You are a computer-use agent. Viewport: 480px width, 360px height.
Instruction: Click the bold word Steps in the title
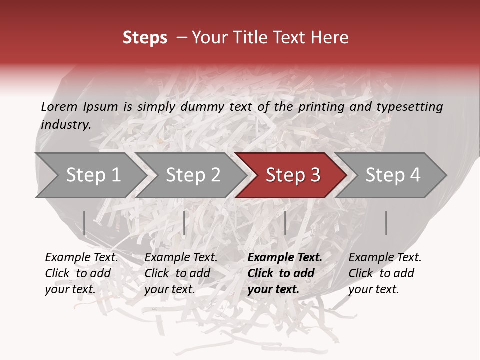tap(145, 38)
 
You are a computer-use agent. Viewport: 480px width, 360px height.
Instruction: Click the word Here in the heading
tap(329, 38)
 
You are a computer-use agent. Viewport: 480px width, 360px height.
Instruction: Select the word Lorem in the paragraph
tap(59, 107)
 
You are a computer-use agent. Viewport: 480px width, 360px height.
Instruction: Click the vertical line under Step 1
tap(84, 223)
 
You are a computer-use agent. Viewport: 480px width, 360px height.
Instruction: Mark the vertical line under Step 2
tap(184, 223)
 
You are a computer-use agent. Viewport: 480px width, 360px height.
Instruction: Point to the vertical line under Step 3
tap(285, 223)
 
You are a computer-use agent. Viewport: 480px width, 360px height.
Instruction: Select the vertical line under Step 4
tap(386, 223)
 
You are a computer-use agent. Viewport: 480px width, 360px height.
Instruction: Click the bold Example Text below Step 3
tap(285, 258)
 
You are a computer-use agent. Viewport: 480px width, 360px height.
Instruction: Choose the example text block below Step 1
tap(81, 273)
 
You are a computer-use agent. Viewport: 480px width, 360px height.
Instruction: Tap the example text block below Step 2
tap(181, 273)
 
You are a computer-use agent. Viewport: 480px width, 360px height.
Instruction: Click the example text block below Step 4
tap(385, 273)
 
